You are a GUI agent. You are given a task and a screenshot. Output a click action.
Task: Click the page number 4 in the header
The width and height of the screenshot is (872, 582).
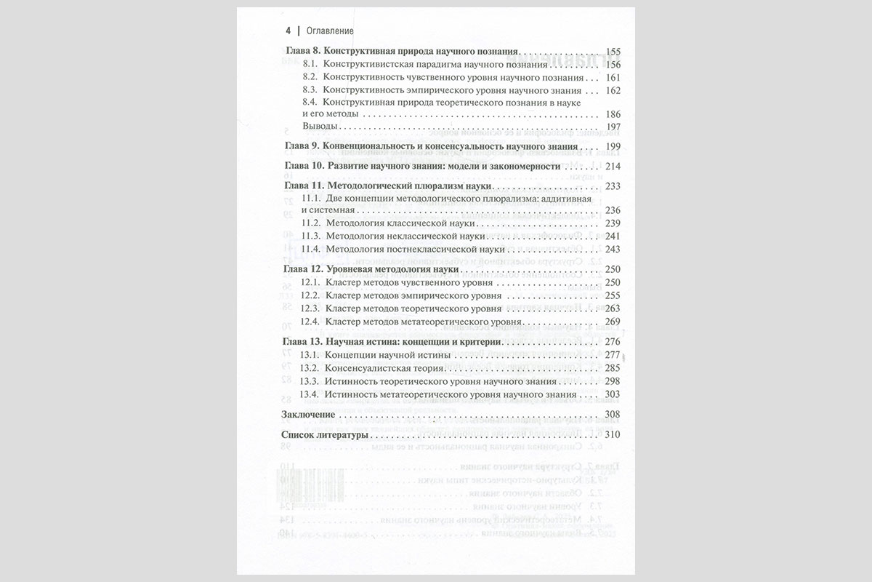(x=288, y=31)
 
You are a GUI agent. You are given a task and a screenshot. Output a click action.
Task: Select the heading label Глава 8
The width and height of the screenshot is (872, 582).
(x=299, y=52)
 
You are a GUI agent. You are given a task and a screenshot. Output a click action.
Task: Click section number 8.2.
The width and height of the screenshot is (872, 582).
(x=310, y=77)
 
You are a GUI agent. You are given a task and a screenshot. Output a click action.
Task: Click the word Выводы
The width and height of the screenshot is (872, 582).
(x=319, y=127)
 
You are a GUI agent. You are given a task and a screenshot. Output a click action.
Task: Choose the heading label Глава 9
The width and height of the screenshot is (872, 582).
(x=299, y=146)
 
